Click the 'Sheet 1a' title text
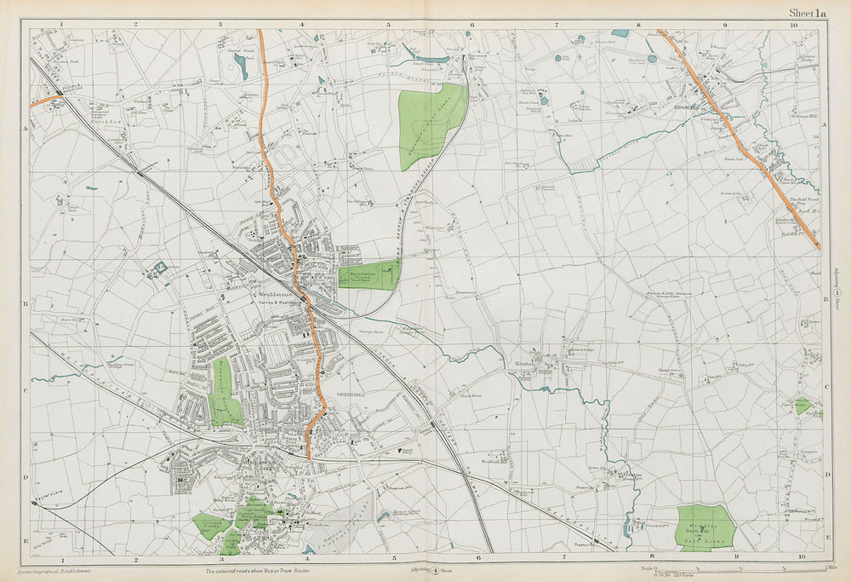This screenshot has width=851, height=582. tap(807, 13)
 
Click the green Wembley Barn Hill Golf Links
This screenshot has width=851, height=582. tap(705, 527)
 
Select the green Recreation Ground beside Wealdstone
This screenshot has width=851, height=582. tap(368, 275)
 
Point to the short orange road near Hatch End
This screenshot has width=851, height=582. tap(47, 101)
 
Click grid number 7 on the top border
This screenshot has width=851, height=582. tap(557, 25)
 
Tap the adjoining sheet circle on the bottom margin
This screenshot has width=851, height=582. tap(434, 570)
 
